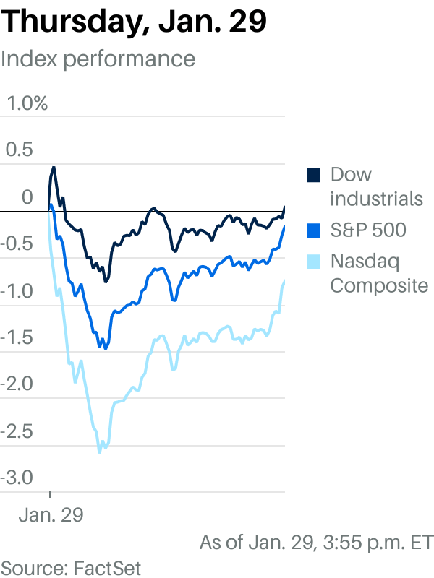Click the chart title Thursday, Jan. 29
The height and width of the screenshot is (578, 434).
[135, 22]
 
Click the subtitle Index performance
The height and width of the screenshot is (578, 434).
[98, 59]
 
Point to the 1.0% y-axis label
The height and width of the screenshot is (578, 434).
[27, 103]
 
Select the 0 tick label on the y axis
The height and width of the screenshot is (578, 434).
[27, 197]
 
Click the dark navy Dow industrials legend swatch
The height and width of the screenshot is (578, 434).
[313, 175]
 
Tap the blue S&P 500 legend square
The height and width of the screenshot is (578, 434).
[313, 230]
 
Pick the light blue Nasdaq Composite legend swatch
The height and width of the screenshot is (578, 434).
[313, 261]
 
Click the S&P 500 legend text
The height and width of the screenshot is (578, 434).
[367, 230]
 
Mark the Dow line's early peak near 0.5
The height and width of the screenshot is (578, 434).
[54, 168]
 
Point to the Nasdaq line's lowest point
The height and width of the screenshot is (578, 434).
[99, 452]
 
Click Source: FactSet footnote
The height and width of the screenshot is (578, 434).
[71, 566]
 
